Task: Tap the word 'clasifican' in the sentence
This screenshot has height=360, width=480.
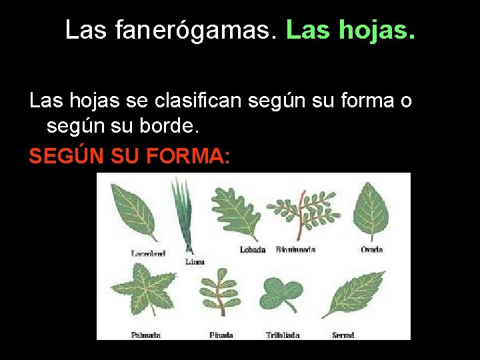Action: click(x=201, y=101)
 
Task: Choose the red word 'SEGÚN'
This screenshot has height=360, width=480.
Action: click(x=61, y=157)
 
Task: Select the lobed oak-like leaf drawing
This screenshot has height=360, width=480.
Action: click(x=236, y=212)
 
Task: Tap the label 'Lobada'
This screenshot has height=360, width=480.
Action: click(x=253, y=250)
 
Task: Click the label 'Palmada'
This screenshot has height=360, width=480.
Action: click(x=146, y=335)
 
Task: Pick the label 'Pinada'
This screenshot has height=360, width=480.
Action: click(x=221, y=335)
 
